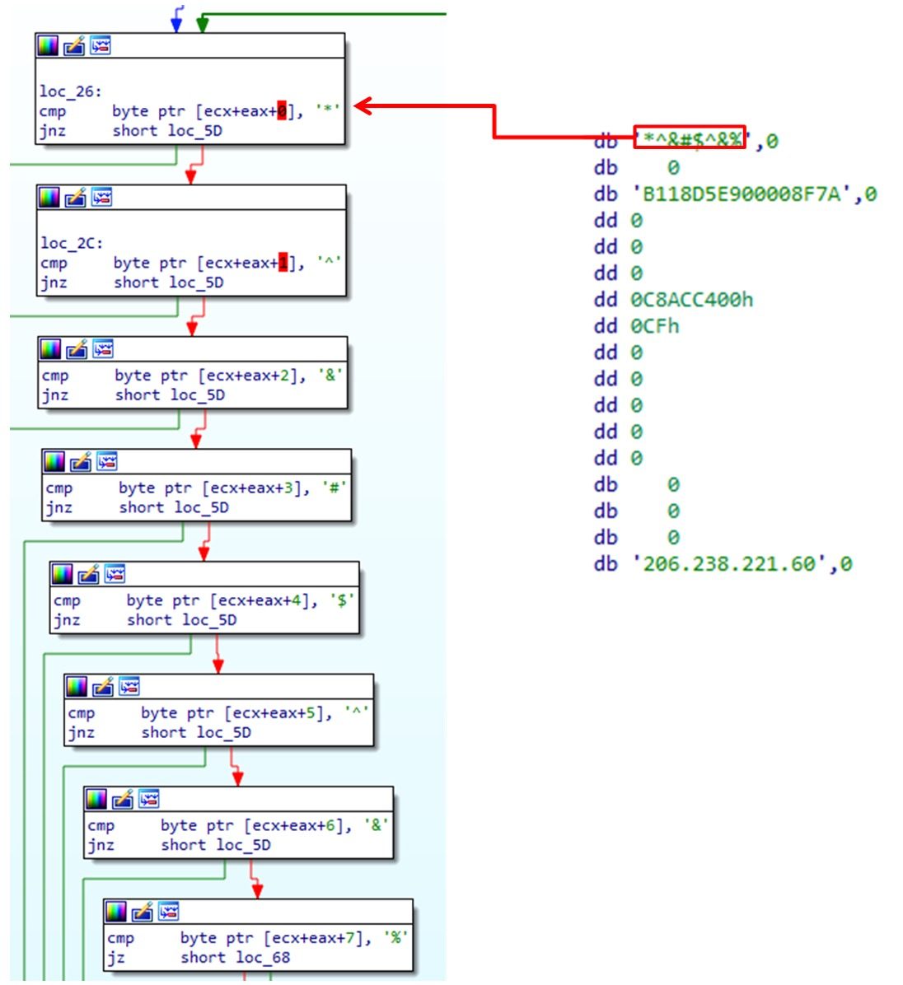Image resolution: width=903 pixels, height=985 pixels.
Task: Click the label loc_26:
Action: click(70, 91)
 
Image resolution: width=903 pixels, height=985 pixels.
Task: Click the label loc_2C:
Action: click(72, 243)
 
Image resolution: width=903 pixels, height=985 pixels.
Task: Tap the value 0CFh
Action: click(655, 326)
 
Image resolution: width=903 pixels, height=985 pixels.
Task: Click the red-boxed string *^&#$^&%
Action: click(690, 138)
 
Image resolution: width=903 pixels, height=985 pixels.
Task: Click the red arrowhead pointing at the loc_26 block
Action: click(363, 106)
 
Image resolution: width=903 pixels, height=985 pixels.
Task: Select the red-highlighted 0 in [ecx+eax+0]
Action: click(282, 111)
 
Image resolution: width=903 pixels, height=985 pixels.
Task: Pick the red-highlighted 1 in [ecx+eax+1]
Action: click(283, 263)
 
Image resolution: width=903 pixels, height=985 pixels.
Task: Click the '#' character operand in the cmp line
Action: click(335, 488)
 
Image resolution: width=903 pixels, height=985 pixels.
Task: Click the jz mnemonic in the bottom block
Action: click(116, 958)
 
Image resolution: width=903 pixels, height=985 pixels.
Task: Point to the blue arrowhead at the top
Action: click(176, 25)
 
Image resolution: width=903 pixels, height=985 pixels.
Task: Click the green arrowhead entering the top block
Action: click(202, 25)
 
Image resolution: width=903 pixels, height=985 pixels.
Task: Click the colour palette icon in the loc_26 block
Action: click(49, 46)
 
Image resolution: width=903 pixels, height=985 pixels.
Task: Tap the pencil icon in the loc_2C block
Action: click(76, 198)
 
